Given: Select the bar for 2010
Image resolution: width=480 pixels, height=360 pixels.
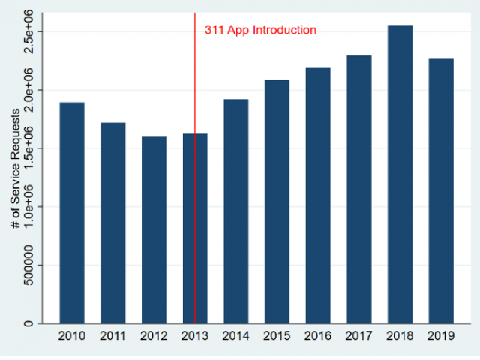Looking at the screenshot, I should pos(72,213).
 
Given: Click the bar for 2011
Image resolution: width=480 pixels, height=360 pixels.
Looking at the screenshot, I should pos(113,223).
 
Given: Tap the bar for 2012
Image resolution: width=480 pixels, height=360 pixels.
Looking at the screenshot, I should pos(154,230).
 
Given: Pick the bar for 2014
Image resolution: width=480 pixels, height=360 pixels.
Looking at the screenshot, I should pos(235,211).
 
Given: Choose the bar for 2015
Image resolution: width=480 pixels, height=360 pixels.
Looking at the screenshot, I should pos(277,202).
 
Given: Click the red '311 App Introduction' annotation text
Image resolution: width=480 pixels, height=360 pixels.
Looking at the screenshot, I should pos(261,31).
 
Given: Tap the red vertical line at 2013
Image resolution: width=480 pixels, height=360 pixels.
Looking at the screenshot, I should pos(195,75).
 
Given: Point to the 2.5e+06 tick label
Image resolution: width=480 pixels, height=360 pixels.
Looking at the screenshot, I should pos(28,32).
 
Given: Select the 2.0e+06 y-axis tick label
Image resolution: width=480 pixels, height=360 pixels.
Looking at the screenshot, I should pos(28,90).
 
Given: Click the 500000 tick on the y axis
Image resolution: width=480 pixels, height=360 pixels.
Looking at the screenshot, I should pos(28,265).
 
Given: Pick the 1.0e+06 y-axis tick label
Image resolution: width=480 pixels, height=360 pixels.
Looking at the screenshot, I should pos(28,207).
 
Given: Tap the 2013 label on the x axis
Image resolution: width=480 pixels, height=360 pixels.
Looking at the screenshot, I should pos(195,336).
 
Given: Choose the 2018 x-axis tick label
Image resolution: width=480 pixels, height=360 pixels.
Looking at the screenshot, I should pos(400,336).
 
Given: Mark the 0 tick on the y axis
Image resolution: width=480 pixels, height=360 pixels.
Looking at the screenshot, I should pos(28,323).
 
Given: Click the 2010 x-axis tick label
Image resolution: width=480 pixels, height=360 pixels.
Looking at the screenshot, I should pos(72,336).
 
